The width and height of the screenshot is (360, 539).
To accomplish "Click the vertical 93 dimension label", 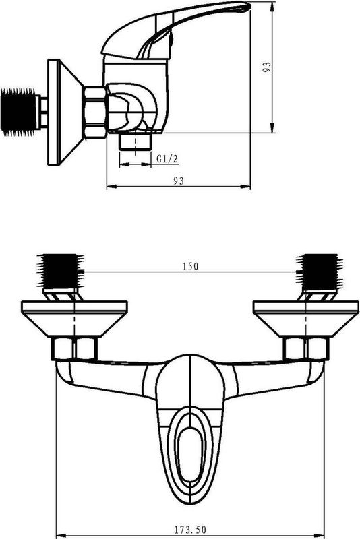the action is click(x=267, y=67).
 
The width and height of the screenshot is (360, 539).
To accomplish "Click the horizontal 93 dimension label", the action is click(x=178, y=180).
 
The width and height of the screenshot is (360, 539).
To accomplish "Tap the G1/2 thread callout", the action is click(x=167, y=159).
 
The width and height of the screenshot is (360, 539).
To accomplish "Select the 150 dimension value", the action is click(x=191, y=266).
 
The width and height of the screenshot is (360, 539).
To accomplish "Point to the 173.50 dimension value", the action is click(x=190, y=530).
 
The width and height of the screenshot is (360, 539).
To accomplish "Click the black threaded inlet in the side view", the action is click(x=19, y=112).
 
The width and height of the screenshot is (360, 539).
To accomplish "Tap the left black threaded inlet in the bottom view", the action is click(x=61, y=272).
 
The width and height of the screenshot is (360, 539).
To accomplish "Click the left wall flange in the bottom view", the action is click(x=74, y=319).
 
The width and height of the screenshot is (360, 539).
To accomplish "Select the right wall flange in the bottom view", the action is click(x=305, y=319).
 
